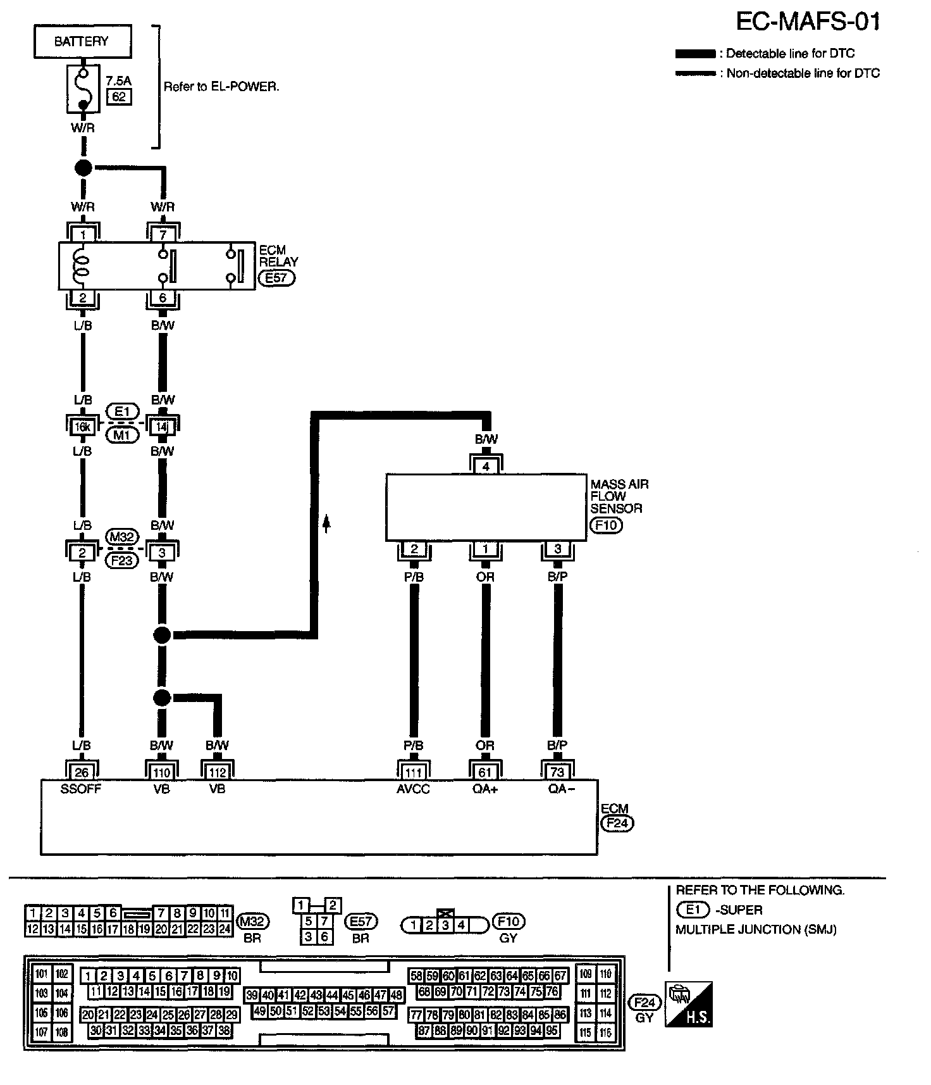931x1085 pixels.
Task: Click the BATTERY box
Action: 82,42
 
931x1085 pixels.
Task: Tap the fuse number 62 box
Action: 119,96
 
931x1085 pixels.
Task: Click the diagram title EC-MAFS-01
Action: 808,22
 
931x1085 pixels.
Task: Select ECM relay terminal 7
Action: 163,235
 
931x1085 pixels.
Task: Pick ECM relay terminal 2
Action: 83,298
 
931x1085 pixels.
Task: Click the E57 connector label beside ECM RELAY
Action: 276,277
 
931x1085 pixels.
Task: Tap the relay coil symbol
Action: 81,266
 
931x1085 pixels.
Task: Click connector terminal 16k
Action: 82,427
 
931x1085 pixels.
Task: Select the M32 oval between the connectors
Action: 121,537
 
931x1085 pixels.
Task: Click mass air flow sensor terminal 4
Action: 486,467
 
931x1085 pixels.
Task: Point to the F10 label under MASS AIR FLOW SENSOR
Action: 605,525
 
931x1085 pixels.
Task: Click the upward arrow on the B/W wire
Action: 327,523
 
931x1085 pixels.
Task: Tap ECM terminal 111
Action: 413,772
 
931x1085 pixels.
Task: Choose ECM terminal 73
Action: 557,772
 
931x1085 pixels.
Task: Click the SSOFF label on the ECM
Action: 81,789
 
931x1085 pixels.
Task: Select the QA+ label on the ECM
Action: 485,789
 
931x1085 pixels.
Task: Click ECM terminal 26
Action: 82,772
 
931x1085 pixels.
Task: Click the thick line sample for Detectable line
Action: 695,54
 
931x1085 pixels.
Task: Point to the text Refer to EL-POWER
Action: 221,87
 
